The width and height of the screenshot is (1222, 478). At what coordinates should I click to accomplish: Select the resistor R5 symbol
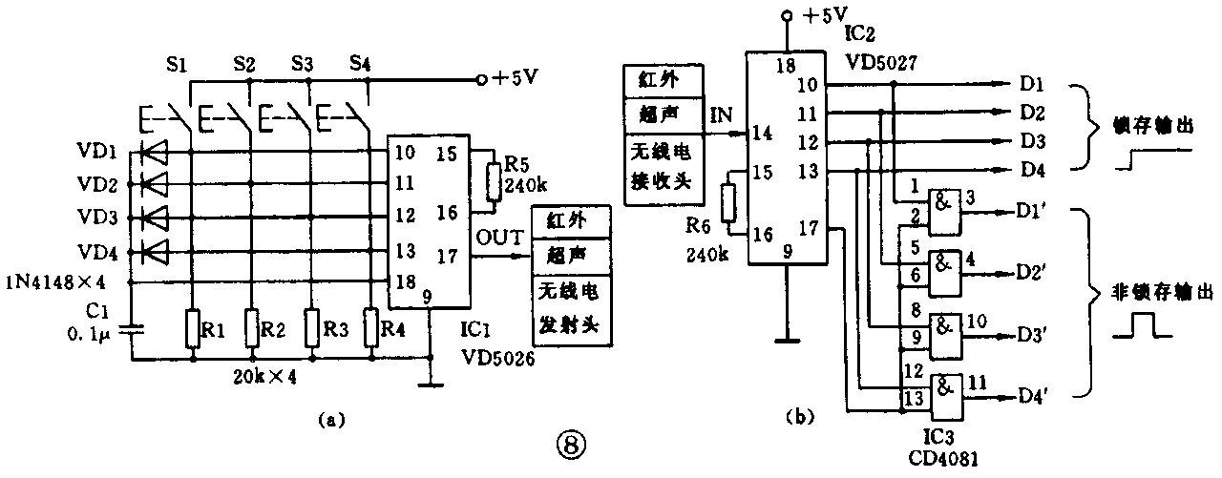tap(493, 182)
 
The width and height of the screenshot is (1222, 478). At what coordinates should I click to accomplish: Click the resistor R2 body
tap(250, 330)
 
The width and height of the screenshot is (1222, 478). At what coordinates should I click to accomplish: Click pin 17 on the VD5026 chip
tap(446, 256)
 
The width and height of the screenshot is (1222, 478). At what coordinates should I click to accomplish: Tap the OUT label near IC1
tap(494, 235)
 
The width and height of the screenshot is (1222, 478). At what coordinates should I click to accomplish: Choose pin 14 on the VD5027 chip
tap(760, 134)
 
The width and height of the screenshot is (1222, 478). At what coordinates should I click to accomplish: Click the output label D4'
tap(1036, 393)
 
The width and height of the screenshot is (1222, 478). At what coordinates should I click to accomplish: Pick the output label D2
tap(1031, 114)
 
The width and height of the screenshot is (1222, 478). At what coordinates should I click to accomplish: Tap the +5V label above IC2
tap(819, 15)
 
